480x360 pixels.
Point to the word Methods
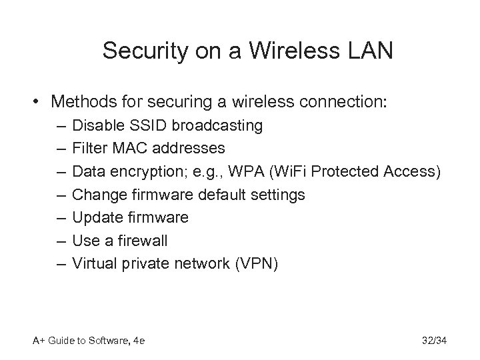point(81,103)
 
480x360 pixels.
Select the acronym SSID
point(140,125)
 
